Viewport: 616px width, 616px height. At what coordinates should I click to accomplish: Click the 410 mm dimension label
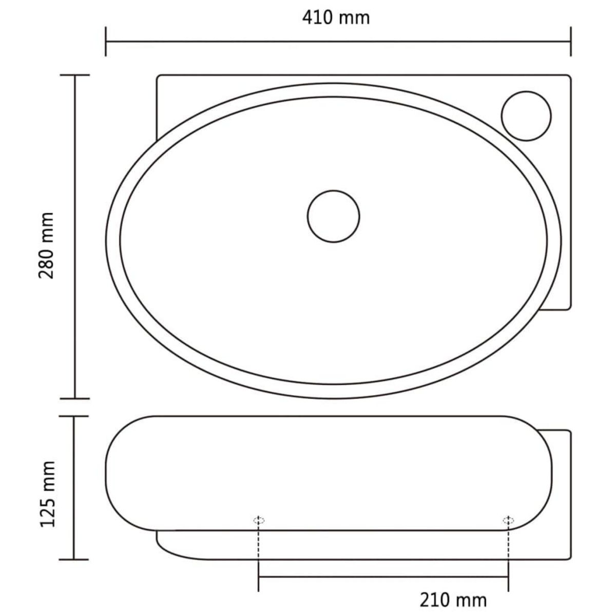pyautogui.click(x=336, y=17)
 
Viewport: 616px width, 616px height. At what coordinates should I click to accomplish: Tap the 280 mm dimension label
pyautogui.click(x=47, y=245)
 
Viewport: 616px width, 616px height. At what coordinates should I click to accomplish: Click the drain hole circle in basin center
pyautogui.click(x=333, y=216)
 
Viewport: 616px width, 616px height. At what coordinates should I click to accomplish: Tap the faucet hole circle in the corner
pyautogui.click(x=526, y=115)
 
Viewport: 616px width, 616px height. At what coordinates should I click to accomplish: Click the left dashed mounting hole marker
pyautogui.click(x=259, y=521)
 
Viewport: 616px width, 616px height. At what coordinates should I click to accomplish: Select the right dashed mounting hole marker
pyautogui.click(x=508, y=521)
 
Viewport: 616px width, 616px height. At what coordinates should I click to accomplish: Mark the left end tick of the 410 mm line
pyautogui.click(x=106, y=41)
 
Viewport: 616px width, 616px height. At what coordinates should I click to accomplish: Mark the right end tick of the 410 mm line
pyautogui.click(x=570, y=41)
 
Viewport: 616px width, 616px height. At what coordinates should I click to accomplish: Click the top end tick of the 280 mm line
pyautogui.click(x=75, y=75)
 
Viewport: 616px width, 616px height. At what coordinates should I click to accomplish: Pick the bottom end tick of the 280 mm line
pyautogui.click(x=75, y=398)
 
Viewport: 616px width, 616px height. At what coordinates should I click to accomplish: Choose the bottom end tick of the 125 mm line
pyautogui.click(x=74, y=559)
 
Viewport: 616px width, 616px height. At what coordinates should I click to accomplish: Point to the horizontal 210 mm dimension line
pyautogui.click(x=383, y=577)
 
